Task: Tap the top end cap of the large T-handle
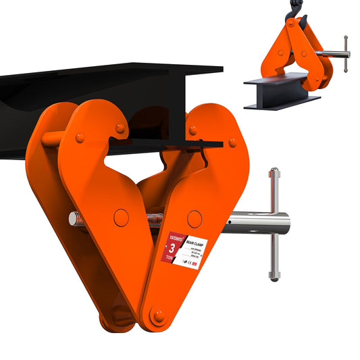(x=274, y=173)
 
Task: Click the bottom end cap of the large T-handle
(x=274, y=276)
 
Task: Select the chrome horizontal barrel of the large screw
(x=257, y=222)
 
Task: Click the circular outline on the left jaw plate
(x=122, y=217)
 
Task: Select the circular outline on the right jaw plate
(x=195, y=218)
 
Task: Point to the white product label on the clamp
(x=192, y=248)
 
